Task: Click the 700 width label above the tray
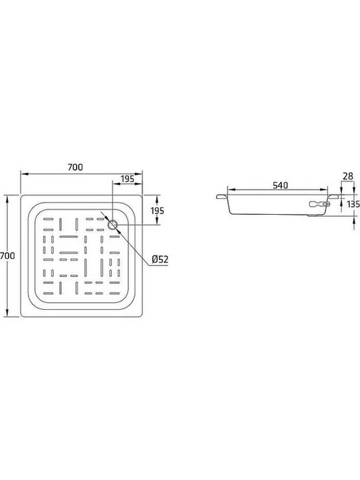(x=75, y=167)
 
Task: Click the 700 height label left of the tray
(x=7, y=255)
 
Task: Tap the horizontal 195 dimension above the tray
(x=128, y=179)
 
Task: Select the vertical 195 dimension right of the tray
(x=158, y=211)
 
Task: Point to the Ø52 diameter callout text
(x=160, y=260)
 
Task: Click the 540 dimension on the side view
(x=280, y=185)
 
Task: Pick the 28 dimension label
(x=348, y=176)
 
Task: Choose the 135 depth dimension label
(x=354, y=204)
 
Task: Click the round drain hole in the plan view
(x=112, y=225)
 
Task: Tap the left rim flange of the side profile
(x=222, y=197)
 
